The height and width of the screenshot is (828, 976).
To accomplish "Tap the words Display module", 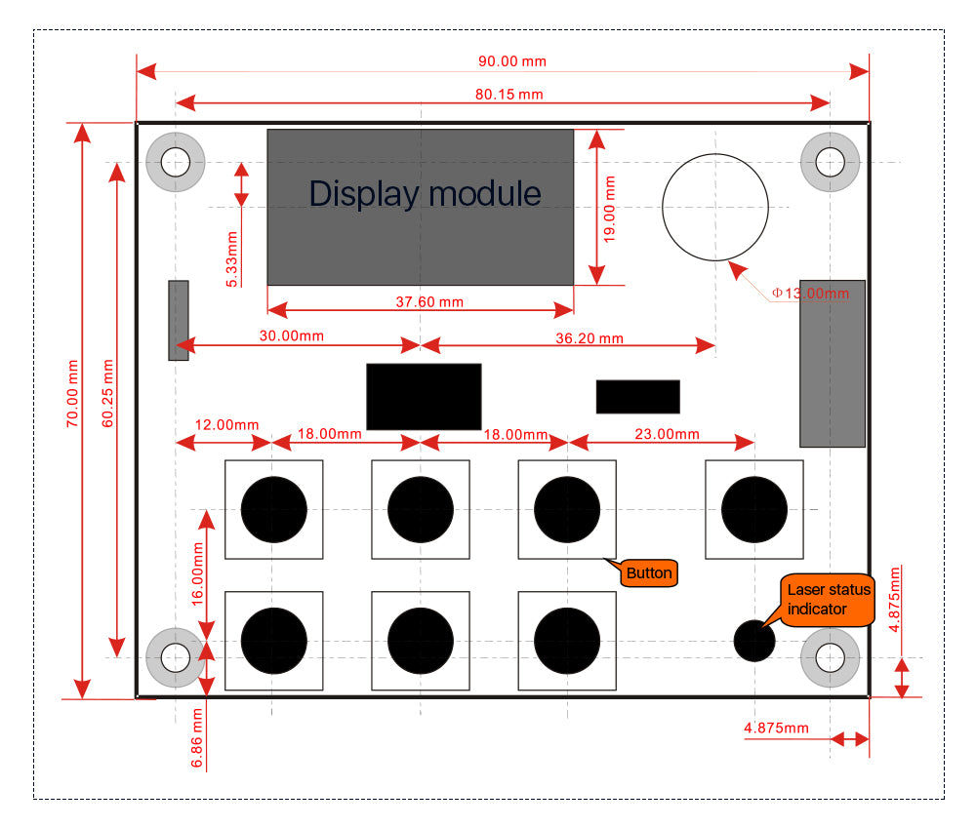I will point(425,193).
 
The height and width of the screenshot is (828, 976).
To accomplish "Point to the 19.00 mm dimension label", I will point(611,208).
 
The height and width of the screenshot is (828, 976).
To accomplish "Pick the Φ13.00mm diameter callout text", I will point(810,292).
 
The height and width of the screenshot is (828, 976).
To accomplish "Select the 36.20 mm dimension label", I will point(589,338).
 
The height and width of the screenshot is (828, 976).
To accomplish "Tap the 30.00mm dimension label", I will point(291,335).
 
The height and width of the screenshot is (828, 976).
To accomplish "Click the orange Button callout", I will point(649,573).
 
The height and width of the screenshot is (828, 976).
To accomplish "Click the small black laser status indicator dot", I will point(754,641).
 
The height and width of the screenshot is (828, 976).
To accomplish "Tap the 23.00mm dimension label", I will point(667,434).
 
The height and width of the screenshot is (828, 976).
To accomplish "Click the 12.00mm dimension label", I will point(226,424).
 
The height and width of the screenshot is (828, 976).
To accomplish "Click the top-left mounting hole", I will point(176,161).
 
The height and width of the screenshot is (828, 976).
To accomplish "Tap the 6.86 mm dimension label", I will point(196,738).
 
